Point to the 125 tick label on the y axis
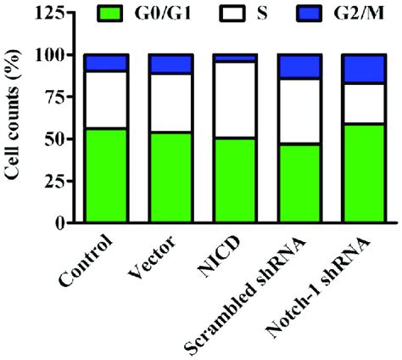(x=55, y=14)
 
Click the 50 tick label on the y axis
(x=60, y=139)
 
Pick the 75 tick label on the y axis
(x=60, y=97)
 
